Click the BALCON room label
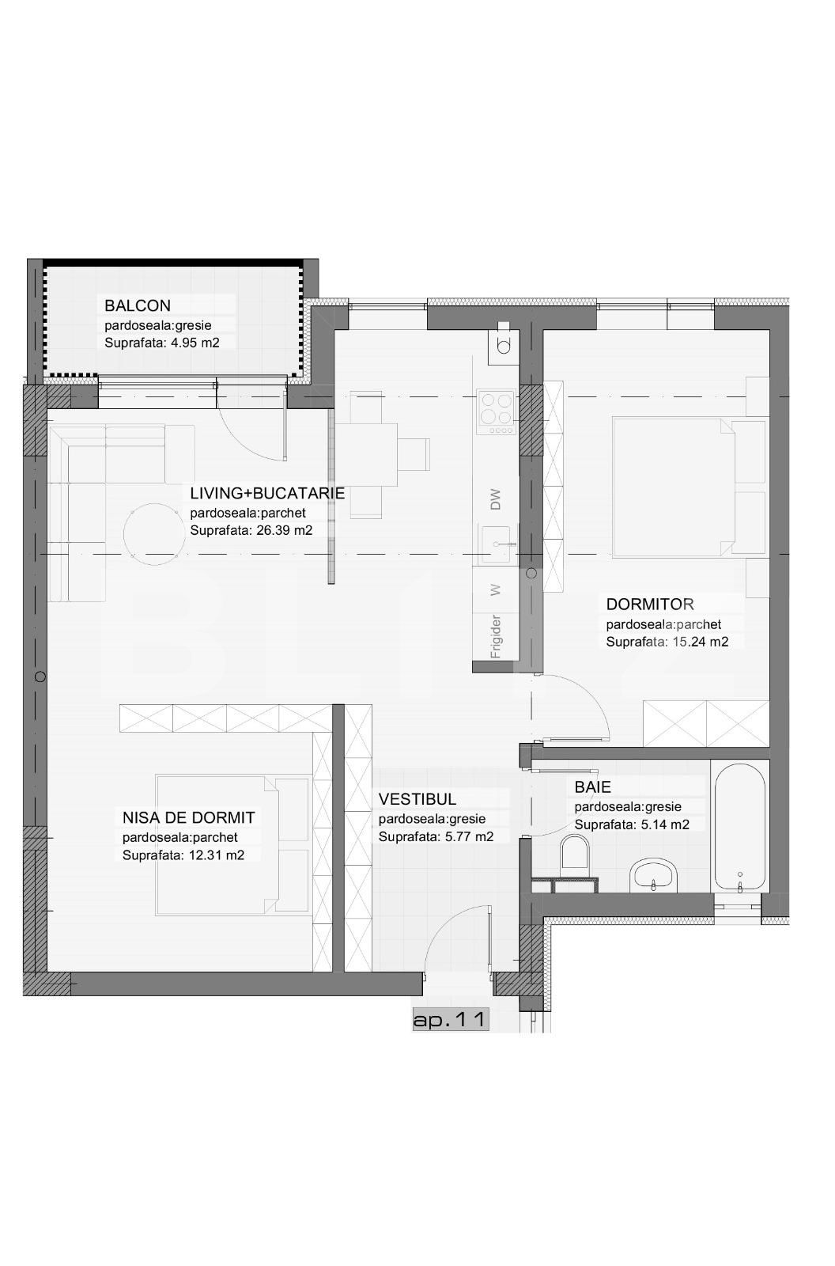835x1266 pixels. pyautogui.click(x=138, y=305)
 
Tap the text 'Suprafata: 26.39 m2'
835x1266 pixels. pyautogui.click(x=251, y=531)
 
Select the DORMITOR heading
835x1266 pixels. pyautogui.click(x=650, y=605)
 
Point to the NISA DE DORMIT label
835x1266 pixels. pyautogui.click(x=189, y=817)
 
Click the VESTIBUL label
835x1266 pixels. pyautogui.click(x=417, y=799)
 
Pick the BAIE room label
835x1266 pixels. pyautogui.click(x=593, y=787)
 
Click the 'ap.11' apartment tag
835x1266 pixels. pyautogui.click(x=450, y=1020)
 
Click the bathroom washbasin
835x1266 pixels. pyautogui.click(x=655, y=874)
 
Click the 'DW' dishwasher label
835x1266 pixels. pyautogui.click(x=496, y=499)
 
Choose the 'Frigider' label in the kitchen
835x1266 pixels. pyautogui.click(x=496, y=636)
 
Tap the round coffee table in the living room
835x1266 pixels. pyautogui.click(x=151, y=534)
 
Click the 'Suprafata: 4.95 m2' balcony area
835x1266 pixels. pyautogui.click(x=161, y=343)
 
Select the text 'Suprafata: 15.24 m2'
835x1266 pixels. pyautogui.click(x=667, y=642)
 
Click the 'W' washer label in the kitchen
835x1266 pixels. pyautogui.click(x=496, y=589)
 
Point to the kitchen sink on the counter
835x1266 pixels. pyautogui.click(x=497, y=544)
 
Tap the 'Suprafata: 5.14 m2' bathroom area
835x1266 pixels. pyautogui.click(x=632, y=824)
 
